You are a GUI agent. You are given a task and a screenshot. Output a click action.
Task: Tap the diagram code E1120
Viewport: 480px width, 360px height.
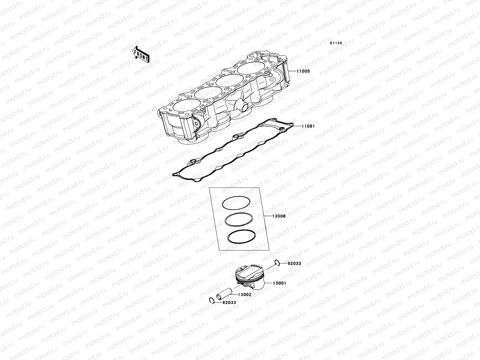coord(336,43)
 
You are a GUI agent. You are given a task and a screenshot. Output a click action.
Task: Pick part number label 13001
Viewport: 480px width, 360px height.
coord(279,283)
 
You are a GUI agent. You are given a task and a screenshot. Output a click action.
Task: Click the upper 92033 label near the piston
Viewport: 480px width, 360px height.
coord(294,264)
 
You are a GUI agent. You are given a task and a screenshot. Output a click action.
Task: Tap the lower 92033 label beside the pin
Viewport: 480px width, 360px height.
coord(229,303)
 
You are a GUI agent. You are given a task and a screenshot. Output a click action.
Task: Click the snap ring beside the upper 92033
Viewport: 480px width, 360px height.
coord(277,263)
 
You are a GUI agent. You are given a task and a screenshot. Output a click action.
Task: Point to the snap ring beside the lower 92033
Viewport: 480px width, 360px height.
coord(211,301)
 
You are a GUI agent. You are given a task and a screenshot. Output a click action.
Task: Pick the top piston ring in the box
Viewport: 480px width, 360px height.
coord(236,203)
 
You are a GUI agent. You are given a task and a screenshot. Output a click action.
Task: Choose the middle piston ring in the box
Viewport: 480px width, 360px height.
coord(239,220)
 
